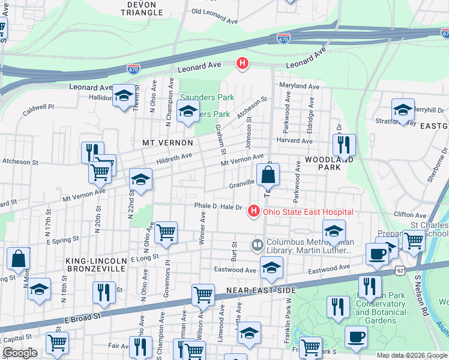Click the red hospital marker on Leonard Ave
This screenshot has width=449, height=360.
tap(243, 63)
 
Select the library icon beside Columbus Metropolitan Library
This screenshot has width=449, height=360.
tap(257, 244)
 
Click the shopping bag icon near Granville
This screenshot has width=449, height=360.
tap(268, 175)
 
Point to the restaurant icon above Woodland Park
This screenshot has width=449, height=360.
tap(344, 145)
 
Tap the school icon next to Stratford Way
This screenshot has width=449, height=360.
tap(403, 110)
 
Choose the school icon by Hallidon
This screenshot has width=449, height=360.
tap(124, 95)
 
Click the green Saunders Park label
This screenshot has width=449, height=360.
tap(207, 97)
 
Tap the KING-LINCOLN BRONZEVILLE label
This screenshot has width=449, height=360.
tap(96, 265)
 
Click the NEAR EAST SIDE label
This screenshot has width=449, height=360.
tap(261, 290)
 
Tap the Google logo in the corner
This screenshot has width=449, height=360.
tap(20, 353)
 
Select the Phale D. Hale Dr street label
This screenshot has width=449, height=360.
tap(218, 206)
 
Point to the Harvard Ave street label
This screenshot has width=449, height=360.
tap(294, 141)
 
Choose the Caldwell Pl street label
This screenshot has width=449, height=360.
tap(38, 107)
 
